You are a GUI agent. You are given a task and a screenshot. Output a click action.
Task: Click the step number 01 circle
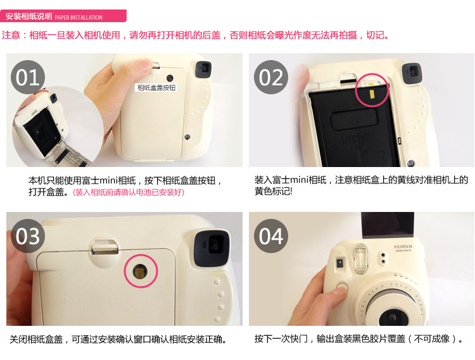click(x=28, y=77)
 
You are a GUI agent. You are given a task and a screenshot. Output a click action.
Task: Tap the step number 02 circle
click(x=271, y=77)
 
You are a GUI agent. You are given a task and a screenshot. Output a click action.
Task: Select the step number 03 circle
click(x=28, y=235)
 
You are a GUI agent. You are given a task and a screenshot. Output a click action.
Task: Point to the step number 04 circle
click(x=271, y=235)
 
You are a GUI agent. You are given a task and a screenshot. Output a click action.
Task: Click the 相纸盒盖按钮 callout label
click(x=156, y=88)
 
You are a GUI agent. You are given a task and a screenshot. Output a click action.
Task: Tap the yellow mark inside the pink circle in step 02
click(x=372, y=94)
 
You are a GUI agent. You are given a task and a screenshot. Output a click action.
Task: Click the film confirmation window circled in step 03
click(x=140, y=270)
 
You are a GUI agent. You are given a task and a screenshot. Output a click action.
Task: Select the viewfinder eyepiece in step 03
click(x=212, y=248)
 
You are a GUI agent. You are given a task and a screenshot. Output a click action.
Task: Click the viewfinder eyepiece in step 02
click(x=412, y=74)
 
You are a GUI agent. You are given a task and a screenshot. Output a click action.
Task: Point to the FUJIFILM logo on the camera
click(x=403, y=247)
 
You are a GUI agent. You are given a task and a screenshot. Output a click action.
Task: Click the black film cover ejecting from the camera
click(x=388, y=225)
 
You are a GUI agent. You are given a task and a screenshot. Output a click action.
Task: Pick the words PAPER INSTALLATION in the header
click(x=79, y=18)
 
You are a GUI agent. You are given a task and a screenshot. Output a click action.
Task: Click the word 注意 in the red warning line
click(x=11, y=35)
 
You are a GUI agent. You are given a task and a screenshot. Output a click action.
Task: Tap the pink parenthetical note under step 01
click(x=129, y=192)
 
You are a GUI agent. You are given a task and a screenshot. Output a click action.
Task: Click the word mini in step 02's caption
click(x=300, y=180)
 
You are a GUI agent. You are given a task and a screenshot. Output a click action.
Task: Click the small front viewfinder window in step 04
click(x=339, y=263)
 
